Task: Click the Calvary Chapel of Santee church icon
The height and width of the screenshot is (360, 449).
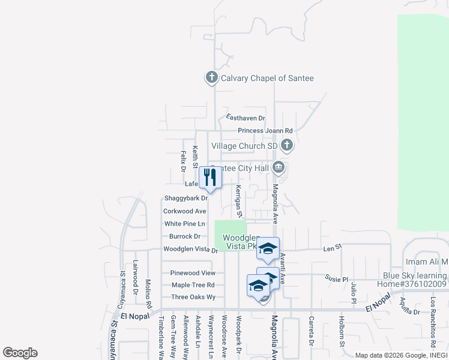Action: [x=211, y=77]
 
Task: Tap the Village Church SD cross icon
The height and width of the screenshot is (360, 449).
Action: [x=287, y=145]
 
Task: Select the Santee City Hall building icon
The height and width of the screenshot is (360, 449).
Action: [x=278, y=167]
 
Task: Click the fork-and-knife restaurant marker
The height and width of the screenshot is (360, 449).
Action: [x=210, y=177]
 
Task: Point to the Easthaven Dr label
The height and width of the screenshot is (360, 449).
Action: [x=246, y=118]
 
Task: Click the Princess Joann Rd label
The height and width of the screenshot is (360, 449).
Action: [x=265, y=130]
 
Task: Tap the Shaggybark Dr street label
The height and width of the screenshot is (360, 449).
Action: [x=185, y=198]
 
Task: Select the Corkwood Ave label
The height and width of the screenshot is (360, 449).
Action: [x=185, y=211]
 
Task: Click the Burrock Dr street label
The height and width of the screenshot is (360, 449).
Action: [x=184, y=236]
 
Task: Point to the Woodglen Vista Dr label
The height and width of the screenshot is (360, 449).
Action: [x=190, y=250]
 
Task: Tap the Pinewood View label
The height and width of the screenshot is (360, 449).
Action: [x=188, y=272]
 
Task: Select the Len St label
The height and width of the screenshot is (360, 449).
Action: [x=332, y=247]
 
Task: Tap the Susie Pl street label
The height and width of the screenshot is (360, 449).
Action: [x=337, y=279]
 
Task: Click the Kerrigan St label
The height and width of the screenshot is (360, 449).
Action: [x=238, y=200]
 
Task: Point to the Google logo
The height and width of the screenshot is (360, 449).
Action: [x=20, y=353]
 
